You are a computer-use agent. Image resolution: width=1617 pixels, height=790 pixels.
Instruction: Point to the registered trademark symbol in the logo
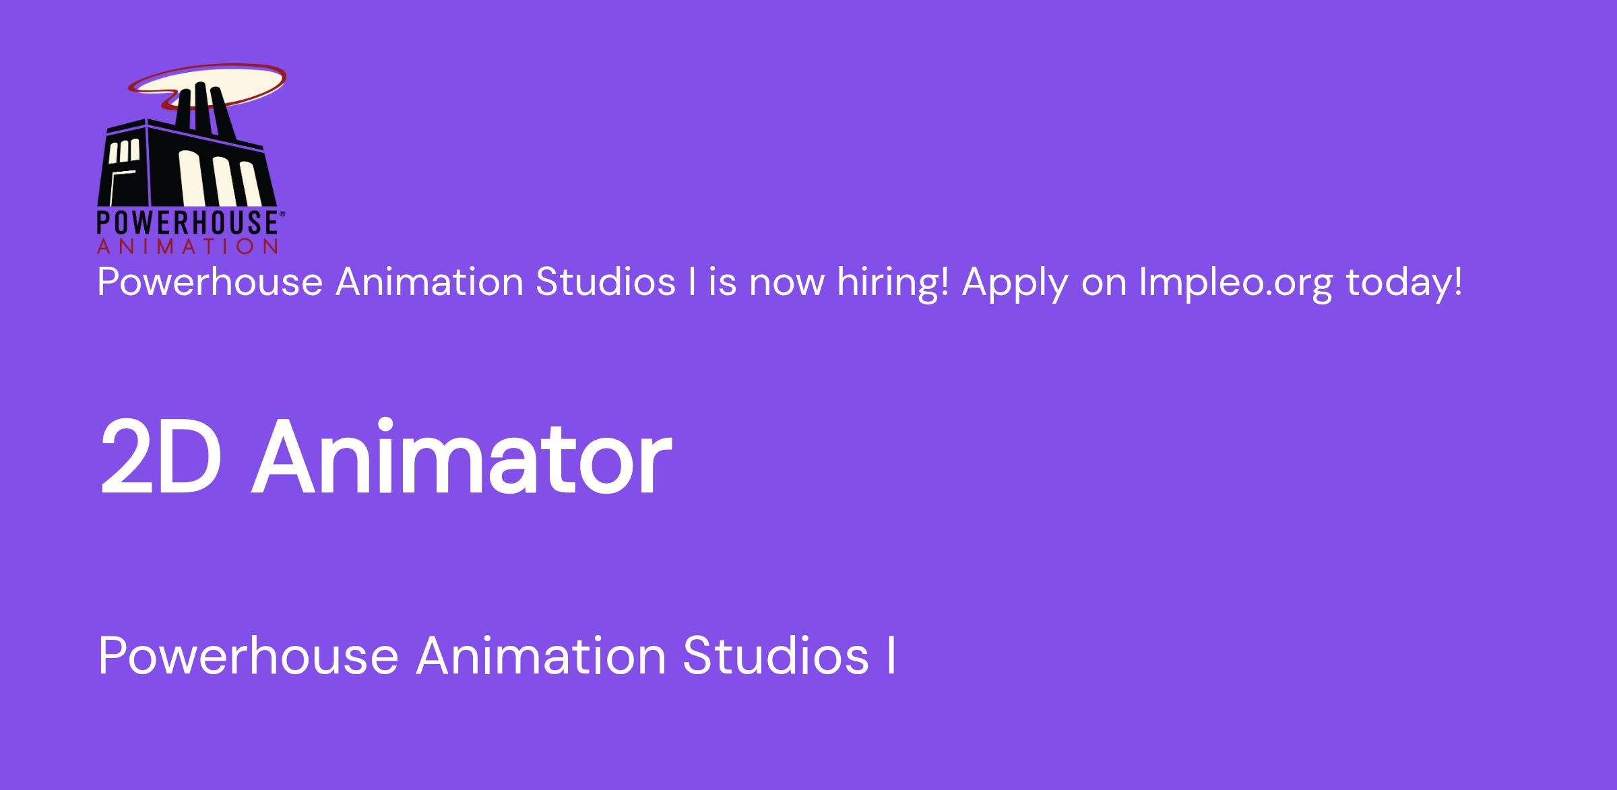tap(282, 213)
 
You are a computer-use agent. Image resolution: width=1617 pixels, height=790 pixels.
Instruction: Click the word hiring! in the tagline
tap(893, 283)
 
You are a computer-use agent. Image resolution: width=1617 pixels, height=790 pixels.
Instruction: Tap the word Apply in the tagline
tap(1015, 283)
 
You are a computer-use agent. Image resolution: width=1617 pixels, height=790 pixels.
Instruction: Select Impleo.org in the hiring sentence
tap(1236, 283)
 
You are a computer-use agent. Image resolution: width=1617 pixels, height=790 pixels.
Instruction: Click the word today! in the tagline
tap(1404, 282)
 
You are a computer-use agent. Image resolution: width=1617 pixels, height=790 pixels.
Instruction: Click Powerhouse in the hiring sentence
tap(210, 282)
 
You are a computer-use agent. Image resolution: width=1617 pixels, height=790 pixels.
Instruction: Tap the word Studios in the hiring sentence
tap(606, 282)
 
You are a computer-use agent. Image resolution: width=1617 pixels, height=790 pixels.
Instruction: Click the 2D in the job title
tap(161, 457)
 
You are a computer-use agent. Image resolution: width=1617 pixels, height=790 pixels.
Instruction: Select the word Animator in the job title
tap(462, 457)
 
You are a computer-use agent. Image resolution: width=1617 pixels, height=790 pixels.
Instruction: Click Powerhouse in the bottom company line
tap(249, 656)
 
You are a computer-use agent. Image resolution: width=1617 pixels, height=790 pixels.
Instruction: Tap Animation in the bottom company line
tap(541, 656)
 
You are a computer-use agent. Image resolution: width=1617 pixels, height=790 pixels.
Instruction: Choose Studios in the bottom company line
tap(775, 656)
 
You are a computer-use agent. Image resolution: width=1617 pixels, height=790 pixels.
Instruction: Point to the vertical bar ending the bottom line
tap(891, 657)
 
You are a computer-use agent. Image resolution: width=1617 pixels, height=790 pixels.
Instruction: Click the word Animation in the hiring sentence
tap(430, 282)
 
